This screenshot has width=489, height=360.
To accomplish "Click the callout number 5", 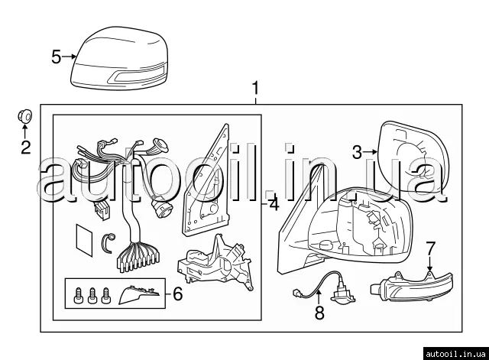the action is (56, 57).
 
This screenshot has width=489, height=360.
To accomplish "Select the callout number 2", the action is (26, 148).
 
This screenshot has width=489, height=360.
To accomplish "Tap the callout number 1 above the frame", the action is (255, 89).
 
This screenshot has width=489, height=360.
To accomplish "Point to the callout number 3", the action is (358, 153).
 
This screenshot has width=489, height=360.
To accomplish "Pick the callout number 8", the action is (319, 313).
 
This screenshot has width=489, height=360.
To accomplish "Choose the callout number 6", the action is (178, 294).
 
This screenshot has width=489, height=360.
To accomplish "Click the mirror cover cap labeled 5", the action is (119, 59).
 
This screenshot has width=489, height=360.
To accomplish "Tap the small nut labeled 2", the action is (24, 116).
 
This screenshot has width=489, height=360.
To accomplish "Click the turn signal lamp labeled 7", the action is (412, 286).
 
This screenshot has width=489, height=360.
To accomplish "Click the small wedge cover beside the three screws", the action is (139, 294).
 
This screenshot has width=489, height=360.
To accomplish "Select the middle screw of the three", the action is (92, 296).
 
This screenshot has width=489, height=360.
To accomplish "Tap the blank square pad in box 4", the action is (84, 239).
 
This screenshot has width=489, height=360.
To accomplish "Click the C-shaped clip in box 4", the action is (108, 243).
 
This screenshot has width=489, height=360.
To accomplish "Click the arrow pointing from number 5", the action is (70, 57).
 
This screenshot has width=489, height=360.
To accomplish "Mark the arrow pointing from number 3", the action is (371, 152).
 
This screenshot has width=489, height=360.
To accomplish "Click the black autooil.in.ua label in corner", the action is (455, 354).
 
